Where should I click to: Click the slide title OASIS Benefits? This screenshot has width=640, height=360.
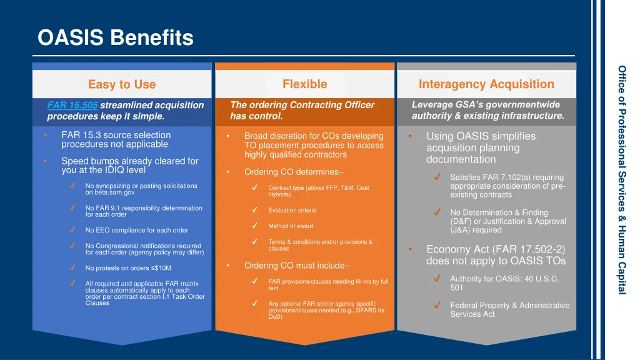click(x=116, y=39)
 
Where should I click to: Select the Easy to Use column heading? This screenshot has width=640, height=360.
click(x=122, y=84)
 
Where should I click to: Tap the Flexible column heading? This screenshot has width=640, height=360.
click(x=304, y=84)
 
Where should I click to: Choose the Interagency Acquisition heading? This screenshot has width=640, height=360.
click(x=486, y=84)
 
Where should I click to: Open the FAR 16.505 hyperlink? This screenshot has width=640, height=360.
click(x=72, y=105)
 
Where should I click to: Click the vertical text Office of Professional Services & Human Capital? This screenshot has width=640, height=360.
click(x=622, y=180)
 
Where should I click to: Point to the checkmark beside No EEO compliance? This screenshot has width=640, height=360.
click(x=73, y=230)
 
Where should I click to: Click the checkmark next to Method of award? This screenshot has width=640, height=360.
click(x=255, y=226)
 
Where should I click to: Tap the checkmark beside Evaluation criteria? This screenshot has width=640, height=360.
click(x=255, y=210)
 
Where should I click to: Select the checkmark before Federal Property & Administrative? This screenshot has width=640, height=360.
click(x=438, y=306)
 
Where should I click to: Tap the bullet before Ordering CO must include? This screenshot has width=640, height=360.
click(x=229, y=266)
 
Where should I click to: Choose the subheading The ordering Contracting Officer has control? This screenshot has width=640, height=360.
click(x=302, y=111)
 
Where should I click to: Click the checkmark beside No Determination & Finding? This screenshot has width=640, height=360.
click(x=438, y=212)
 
